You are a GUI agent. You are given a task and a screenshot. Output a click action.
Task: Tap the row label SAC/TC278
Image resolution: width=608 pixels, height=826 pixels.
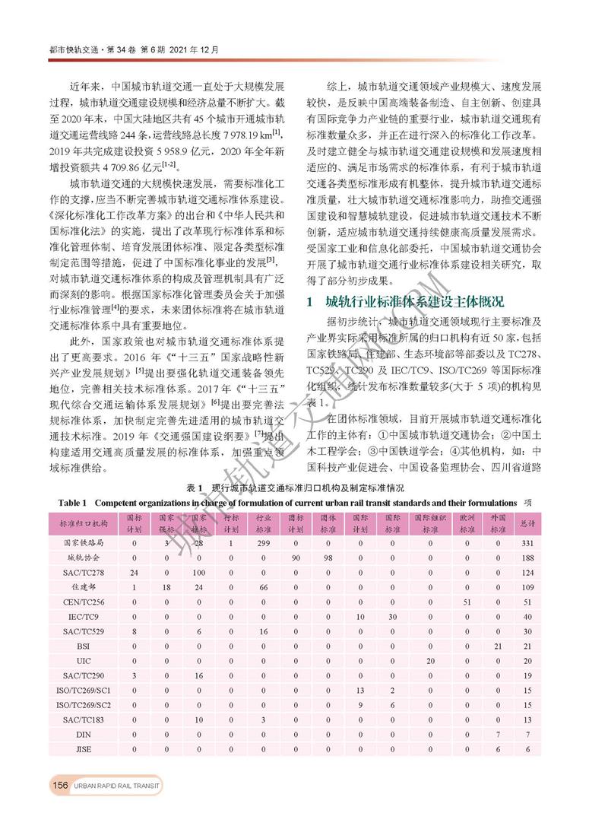click(x=84, y=571)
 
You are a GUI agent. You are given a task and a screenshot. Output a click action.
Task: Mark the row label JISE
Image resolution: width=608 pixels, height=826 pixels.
click(x=84, y=749)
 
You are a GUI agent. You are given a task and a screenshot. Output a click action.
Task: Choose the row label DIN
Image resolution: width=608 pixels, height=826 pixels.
click(x=84, y=735)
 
